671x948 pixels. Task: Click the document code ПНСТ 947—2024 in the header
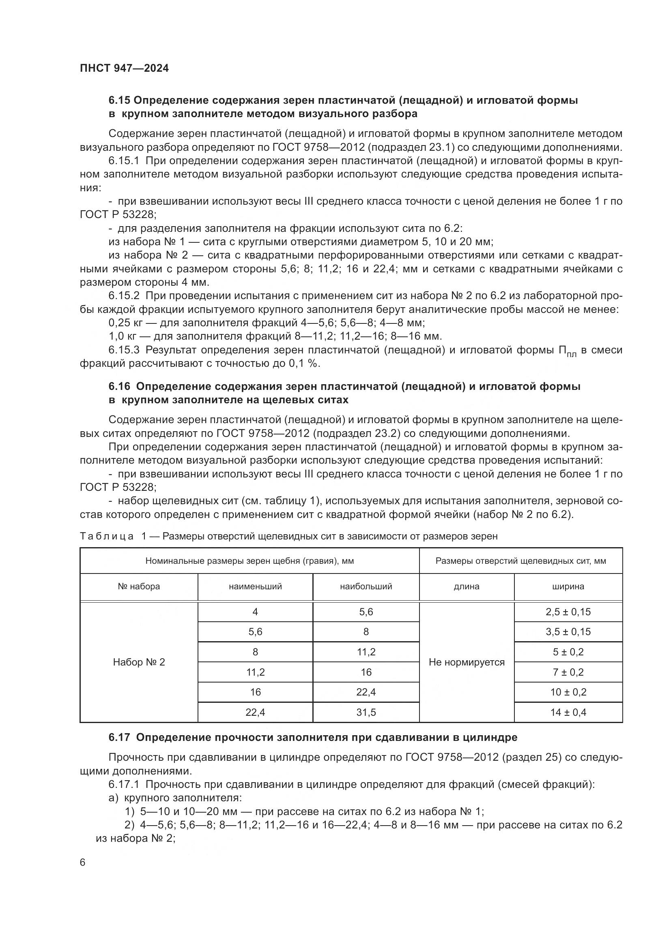[125, 68]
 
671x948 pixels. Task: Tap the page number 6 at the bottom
[83, 862]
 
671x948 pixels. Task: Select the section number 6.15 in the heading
[119, 101]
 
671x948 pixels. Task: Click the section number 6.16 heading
[119, 387]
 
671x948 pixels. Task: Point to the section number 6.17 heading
[119, 737]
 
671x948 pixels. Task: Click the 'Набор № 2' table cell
[139, 662]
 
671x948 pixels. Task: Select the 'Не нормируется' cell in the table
[467, 662]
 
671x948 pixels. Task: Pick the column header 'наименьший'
[255, 587]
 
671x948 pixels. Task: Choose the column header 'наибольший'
[366, 587]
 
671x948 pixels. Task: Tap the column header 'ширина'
[568, 587]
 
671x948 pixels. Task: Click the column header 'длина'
[467, 587]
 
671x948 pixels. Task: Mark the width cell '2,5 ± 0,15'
[568, 612]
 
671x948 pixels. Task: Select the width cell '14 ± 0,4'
[568, 712]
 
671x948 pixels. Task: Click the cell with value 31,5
[366, 712]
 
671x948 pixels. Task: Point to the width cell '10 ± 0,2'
[568, 692]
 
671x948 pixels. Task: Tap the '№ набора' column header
[139, 587]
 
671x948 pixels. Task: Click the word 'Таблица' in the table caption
[107, 536]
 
